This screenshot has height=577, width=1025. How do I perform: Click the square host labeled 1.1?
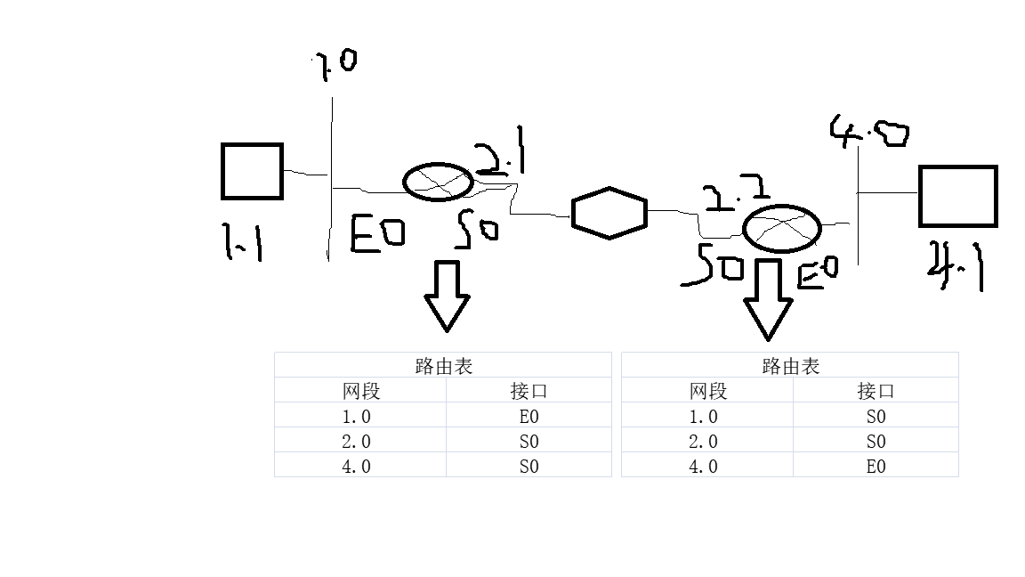[252, 171]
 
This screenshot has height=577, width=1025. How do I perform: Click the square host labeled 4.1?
[957, 196]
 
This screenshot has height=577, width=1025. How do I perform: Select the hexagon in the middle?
[609, 213]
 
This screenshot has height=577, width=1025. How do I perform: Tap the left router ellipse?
[438, 182]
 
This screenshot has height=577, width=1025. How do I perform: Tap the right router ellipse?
[781, 228]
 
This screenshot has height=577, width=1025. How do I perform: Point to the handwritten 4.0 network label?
[869, 132]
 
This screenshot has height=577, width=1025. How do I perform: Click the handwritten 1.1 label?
[242, 241]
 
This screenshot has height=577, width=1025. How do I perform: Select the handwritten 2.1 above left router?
[501, 158]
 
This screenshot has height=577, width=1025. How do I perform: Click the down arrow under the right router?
[768, 299]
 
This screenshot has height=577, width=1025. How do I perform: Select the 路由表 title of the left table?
[443, 366]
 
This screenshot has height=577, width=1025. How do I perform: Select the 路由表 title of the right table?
[790, 366]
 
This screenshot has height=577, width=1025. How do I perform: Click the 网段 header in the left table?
[360, 391]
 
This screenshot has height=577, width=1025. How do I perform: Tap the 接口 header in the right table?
[876, 391]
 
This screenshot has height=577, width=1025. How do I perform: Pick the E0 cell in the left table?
[529, 416]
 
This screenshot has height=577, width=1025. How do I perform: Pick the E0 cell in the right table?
[876, 466]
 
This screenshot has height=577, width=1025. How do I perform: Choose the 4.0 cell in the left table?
[356, 466]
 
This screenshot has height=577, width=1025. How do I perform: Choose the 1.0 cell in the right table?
[703, 416]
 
